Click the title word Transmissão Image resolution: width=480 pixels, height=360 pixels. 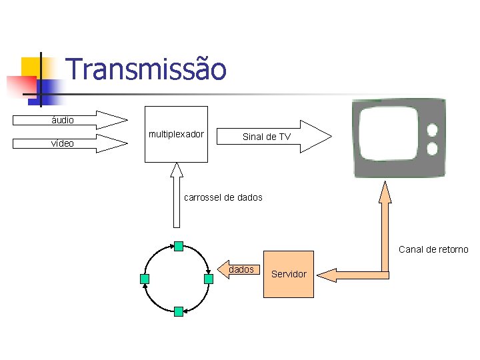(147, 69)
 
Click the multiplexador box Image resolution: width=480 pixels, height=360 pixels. (176, 134)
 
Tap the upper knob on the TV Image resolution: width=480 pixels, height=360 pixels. (432, 129)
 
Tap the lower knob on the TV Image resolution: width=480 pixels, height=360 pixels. (432, 148)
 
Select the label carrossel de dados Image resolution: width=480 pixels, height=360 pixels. (223, 197)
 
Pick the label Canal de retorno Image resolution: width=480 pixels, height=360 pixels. (433, 249)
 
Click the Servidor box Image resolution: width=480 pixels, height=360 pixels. (289, 274)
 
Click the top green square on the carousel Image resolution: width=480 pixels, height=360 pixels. (178, 246)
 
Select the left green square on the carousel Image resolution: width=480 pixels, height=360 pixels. (145, 279)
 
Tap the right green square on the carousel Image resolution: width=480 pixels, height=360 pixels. (208, 279)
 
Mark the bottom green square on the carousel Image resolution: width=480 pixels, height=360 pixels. (178, 311)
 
